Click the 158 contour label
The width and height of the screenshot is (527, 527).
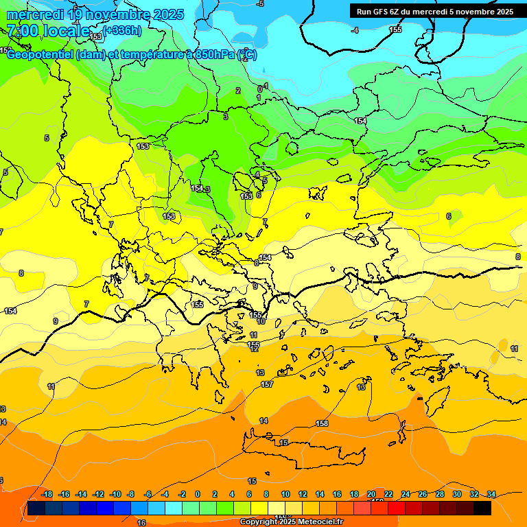322,423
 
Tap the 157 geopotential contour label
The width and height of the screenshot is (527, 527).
267,384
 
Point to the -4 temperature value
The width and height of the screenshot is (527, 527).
355,30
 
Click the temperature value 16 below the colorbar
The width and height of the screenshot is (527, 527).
141,523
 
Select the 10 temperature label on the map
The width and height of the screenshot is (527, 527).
261,321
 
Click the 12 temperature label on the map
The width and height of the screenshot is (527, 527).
255,349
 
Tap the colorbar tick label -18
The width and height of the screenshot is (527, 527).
47,494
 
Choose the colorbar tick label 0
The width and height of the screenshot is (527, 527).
198,494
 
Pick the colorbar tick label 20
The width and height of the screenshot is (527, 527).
371,494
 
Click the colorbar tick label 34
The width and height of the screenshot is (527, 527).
491,494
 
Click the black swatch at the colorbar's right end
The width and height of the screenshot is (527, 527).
482,508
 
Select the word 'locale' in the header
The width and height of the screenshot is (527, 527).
66,31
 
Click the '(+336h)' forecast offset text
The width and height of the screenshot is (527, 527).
122,30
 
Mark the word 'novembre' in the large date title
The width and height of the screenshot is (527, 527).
112,14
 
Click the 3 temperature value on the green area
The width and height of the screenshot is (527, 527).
226,117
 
